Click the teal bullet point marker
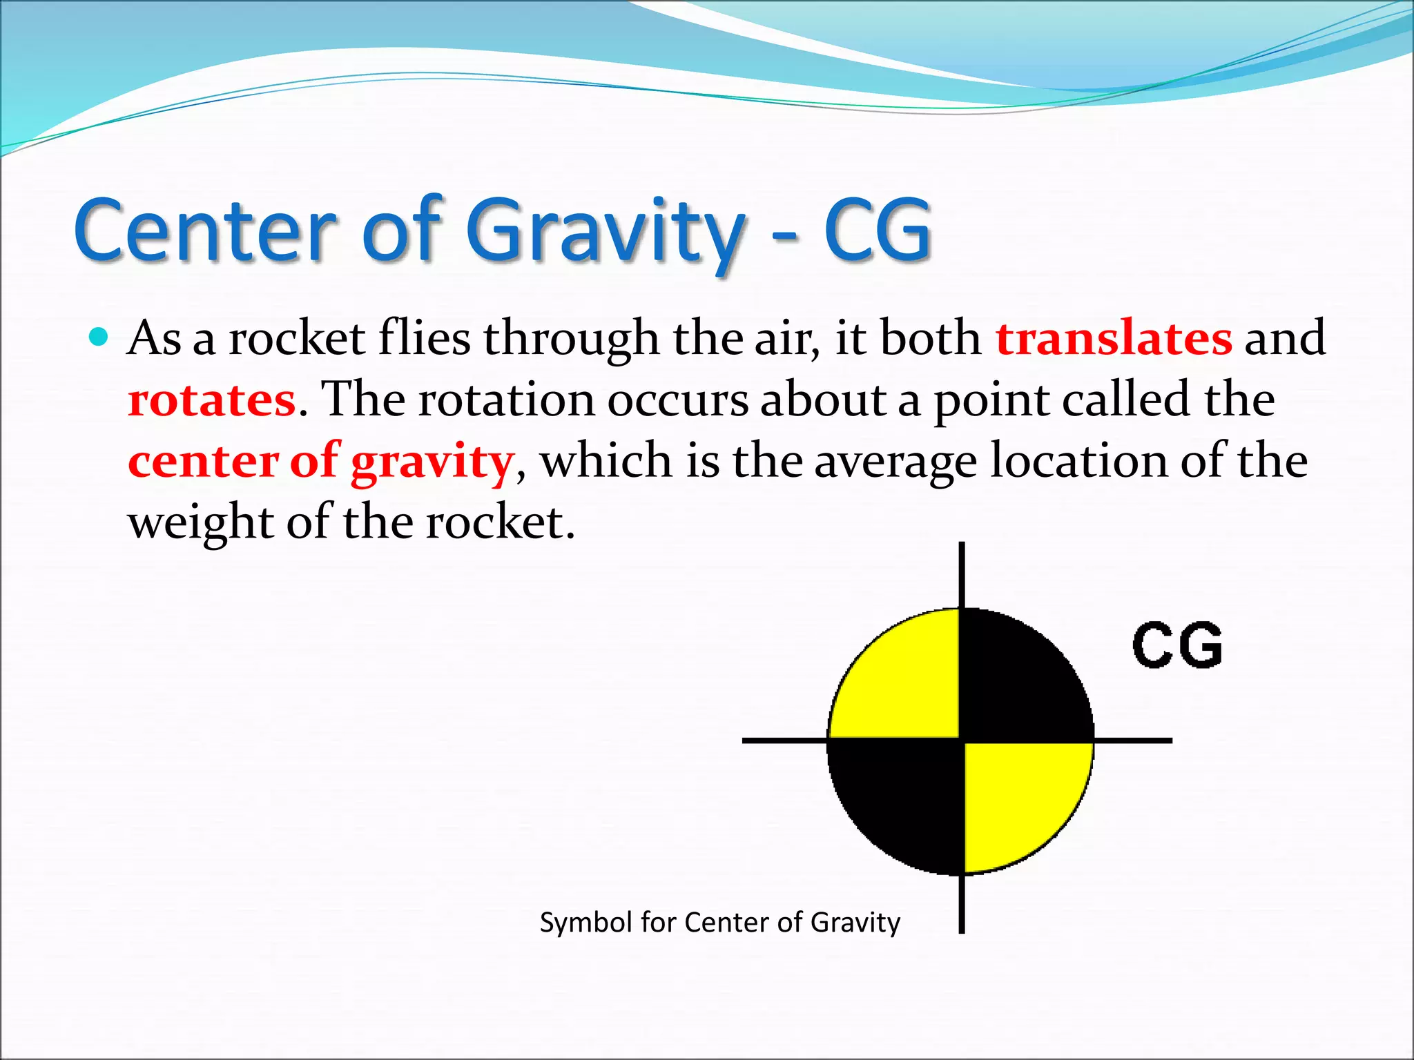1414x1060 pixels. (99, 337)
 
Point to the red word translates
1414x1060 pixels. (1113, 338)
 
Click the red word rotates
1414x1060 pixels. (212, 400)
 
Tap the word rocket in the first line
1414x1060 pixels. (297, 338)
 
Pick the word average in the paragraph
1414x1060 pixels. (895, 461)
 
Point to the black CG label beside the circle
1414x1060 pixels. (1177, 645)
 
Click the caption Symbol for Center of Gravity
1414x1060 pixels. (719, 923)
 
